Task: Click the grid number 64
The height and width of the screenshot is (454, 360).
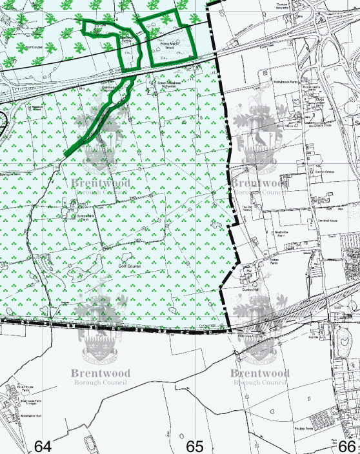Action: (x=43, y=446)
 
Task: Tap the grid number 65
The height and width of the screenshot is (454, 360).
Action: (x=195, y=446)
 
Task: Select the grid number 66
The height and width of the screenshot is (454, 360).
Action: (x=347, y=446)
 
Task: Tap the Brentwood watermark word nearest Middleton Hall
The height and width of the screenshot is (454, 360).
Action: (x=100, y=373)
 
